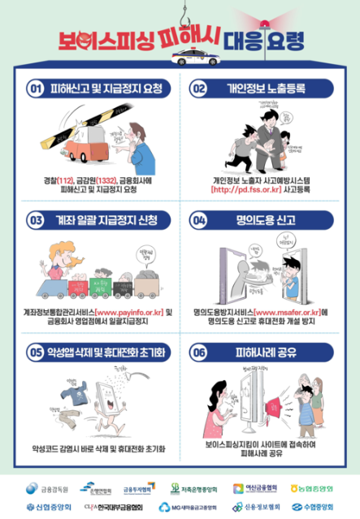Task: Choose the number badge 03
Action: click(x=35, y=219)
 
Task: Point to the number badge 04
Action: click(x=199, y=219)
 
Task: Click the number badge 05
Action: click(x=35, y=352)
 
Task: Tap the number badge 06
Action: click(x=199, y=352)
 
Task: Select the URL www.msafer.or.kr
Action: click(x=285, y=311)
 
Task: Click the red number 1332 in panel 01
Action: click(x=109, y=179)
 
